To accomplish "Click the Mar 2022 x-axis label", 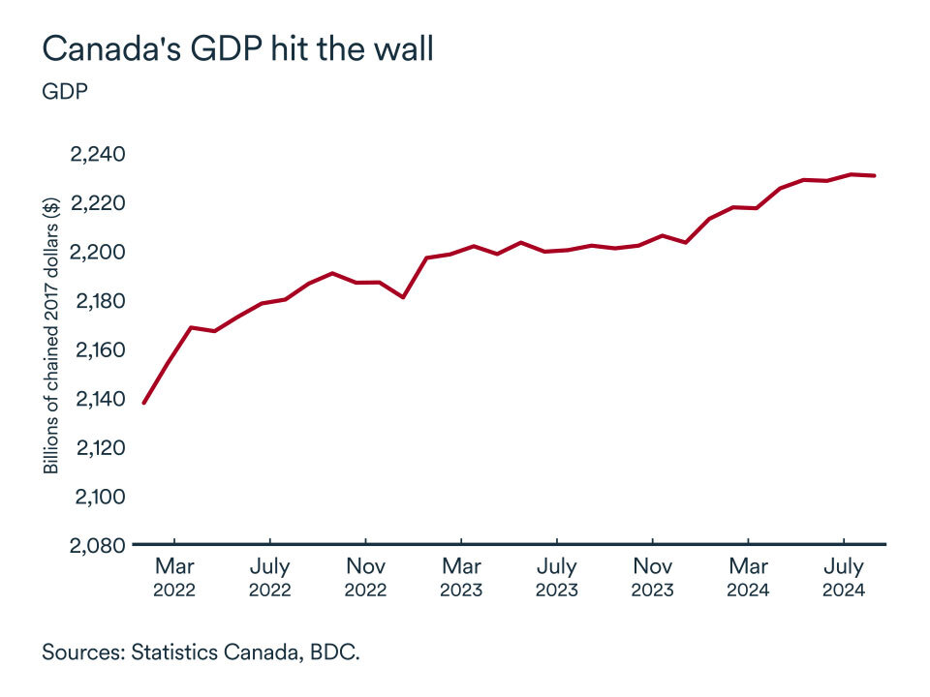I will click(x=174, y=577).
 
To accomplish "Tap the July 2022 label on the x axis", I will click(x=270, y=577).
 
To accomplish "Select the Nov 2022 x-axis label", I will click(x=366, y=577).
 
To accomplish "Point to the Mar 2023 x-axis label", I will click(x=462, y=577).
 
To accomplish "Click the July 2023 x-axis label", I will click(x=557, y=577).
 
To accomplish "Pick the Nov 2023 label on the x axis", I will click(x=653, y=577).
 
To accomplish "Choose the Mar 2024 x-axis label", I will click(x=749, y=577).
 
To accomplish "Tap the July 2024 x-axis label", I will click(x=845, y=577).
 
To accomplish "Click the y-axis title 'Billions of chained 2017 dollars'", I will click(x=51, y=334).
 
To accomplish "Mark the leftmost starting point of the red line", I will click(x=144, y=403).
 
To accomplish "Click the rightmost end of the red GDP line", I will click(x=876, y=175).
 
